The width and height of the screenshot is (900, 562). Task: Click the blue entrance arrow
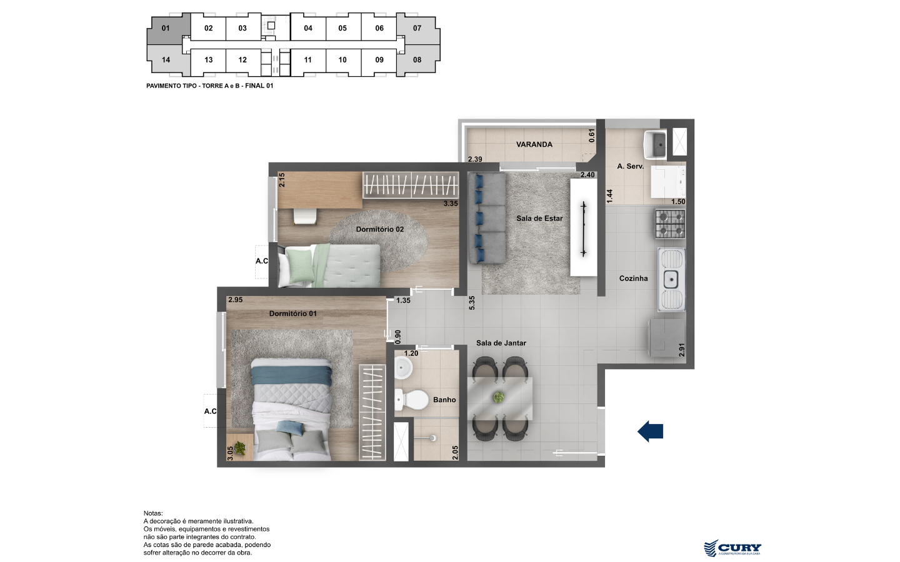pyautogui.click(x=650, y=431)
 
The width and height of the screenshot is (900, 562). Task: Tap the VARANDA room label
pyautogui.click(x=534, y=144)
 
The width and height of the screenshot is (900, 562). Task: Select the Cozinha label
pyautogui.click(x=633, y=279)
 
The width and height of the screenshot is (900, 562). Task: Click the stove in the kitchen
pyautogui.click(x=670, y=224)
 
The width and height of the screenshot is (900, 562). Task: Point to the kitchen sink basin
pyautogui.click(x=671, y=279)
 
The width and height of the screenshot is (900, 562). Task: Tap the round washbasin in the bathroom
pyautogui.click(x=403, y=367)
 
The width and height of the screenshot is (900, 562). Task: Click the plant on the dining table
pyautogui.click(x=499, y=397)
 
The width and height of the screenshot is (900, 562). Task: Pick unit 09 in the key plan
pyautogui.click(x=379, y=60)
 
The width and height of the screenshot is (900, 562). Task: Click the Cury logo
pyautogui.click(x=732, y=548)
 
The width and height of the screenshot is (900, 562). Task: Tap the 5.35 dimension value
pyautogui.click(x=472, y=303)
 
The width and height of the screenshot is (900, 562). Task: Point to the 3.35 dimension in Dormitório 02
pyautogui.click(x=451, y=204)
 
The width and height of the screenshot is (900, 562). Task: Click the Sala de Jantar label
pyautogui.click(x=501, y=343)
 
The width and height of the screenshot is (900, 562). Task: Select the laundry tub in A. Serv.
pyautogui.click(x=655, y=144)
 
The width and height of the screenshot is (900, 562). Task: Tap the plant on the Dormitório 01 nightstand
pyautogui.click(x=240, y=448)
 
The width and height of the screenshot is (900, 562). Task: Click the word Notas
pyautogui.click(x=153, y=513)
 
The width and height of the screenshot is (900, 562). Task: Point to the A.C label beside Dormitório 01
pyautogui.click(x=210, y=412)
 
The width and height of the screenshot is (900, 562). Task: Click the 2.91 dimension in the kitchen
pyautogui.click(x=682, y=349)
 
